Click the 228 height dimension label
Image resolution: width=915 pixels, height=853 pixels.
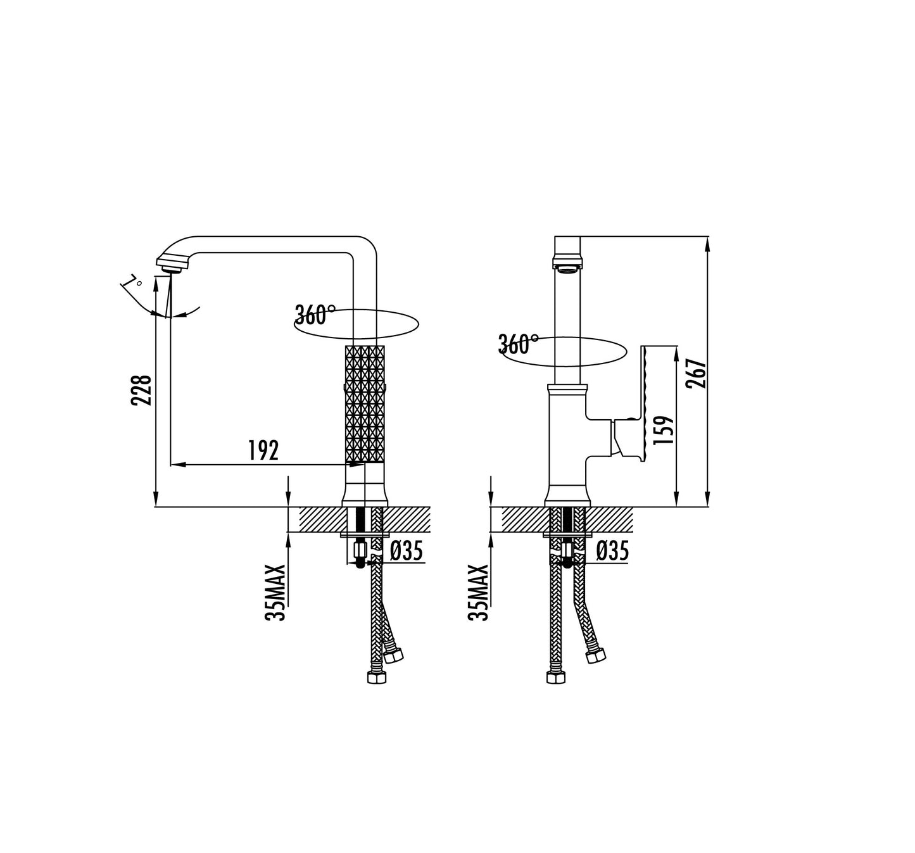pyautogui.click(x=141, y=390)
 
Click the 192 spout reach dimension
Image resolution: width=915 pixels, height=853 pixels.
pyautogui.click(x=263, y=450)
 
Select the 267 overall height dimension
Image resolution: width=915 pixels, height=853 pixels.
pyautogui.click(x=696, y=373)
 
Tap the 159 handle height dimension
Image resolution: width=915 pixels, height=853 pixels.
pyautogui.click(x=664, y=430)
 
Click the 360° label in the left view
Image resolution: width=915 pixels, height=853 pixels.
pyautogui.click(x=315, y=315)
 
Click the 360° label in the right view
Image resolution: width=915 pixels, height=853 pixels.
pyautogui.click(x=519, y=344)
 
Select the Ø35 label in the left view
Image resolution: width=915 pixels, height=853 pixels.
pyautogui.click(x=407, y=551)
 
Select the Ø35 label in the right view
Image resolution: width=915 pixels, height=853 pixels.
pyautogui.click(x=612, y=551)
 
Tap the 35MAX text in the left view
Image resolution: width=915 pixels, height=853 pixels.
pyautogui.click(x=275, y=593)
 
